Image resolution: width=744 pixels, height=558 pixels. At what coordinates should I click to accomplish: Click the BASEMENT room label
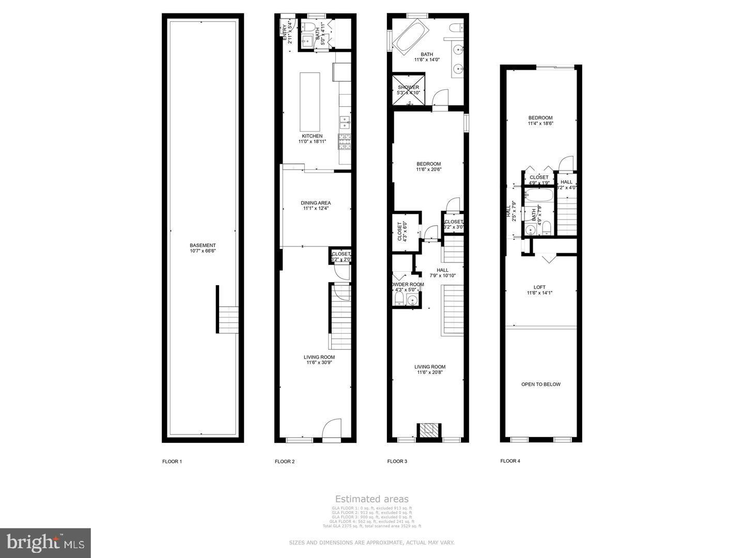point(203,245)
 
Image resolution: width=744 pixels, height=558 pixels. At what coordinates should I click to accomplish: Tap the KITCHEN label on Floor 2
point(312,136)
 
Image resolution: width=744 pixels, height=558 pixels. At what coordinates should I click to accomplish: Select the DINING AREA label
point(316,203)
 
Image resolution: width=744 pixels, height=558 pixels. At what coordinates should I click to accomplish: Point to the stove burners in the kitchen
point(344,141)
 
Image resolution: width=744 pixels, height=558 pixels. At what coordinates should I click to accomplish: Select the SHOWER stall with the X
point(408,90)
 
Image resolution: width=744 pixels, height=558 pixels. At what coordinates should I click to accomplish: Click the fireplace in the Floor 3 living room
point(429,431)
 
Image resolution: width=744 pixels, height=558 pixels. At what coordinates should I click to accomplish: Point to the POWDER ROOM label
point(408,284)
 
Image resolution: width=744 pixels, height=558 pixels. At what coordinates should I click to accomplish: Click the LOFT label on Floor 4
point(539,287)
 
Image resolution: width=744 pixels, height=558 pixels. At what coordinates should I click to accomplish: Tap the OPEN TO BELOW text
point(540,384)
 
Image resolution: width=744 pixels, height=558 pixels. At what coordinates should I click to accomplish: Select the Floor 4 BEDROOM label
point(540,118)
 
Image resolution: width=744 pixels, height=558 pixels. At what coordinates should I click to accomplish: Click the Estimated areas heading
point(371,499)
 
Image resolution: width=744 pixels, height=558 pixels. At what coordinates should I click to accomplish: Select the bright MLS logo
point(45,542)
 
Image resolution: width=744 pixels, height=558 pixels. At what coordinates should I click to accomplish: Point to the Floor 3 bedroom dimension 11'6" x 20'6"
point(428,169)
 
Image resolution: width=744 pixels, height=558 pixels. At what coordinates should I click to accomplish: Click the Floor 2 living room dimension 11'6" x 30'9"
point(319,363)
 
